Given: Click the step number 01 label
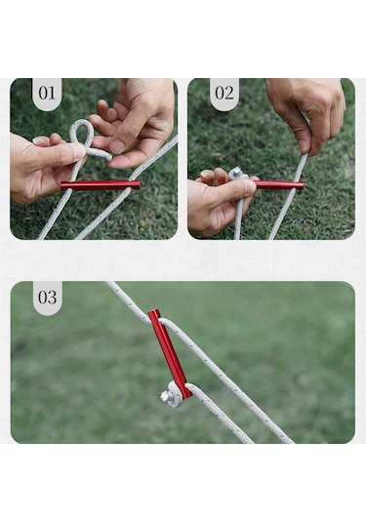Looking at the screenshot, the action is [47, 94].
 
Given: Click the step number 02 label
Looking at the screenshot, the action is [224, 94].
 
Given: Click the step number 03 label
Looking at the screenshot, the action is [47, 298].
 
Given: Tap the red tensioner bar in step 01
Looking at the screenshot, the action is [100, 185].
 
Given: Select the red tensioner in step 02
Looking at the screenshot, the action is [279, 185].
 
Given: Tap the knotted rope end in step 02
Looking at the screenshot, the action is [238, 174].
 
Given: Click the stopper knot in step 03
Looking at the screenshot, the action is [171, 395].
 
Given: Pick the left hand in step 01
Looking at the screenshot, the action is [42, 167].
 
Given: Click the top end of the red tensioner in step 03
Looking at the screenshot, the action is [153, 311].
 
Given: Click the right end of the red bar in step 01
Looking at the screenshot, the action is [137, 184].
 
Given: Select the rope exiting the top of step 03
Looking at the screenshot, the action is [128, 298].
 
